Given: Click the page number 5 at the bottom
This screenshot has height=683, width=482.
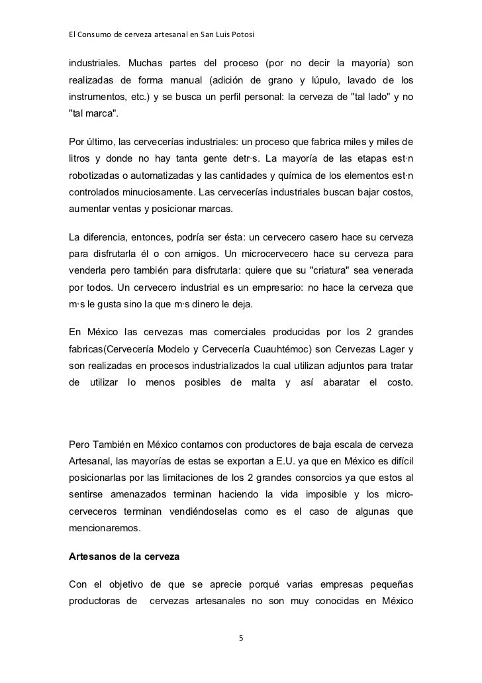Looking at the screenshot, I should (241, 638).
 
